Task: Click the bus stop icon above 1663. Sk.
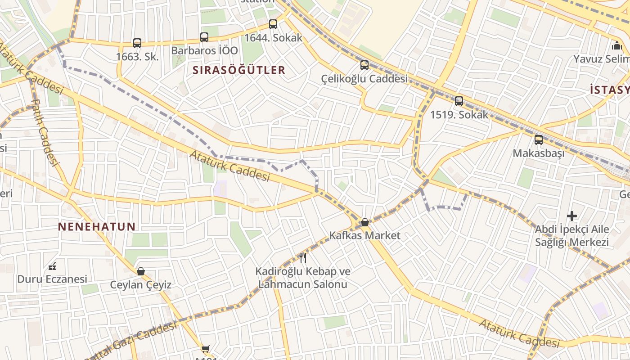click(x=137, y=43)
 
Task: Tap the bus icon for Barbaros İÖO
click(x=204, y=37)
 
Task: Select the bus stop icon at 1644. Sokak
click(x=273, y=24)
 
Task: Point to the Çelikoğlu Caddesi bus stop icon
click(x=364, y=65)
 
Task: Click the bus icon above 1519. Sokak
click(x=459, y=101)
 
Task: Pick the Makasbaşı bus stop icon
click(x=539, y=140)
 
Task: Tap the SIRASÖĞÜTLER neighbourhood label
click(x=239, y=70)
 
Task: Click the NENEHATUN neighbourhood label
click(x=97, y=227)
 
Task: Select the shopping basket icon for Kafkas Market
click(x=365, y=222)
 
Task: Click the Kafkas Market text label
click(x=364, y=235)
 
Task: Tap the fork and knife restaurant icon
click(x=303, y=258)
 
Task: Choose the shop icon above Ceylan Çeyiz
click(x=141, y=271)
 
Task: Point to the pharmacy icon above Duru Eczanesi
click(x=52, y=266)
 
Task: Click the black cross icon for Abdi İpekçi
click(x=572, y=216)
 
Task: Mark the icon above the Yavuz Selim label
click(x=616, y=45)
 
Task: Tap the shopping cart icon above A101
click(x=206, y=349)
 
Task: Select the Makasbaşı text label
click(x=539, y=153)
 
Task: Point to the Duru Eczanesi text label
click(x=52, y=279)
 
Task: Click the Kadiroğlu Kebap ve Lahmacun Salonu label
click(x=303, y=278)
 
